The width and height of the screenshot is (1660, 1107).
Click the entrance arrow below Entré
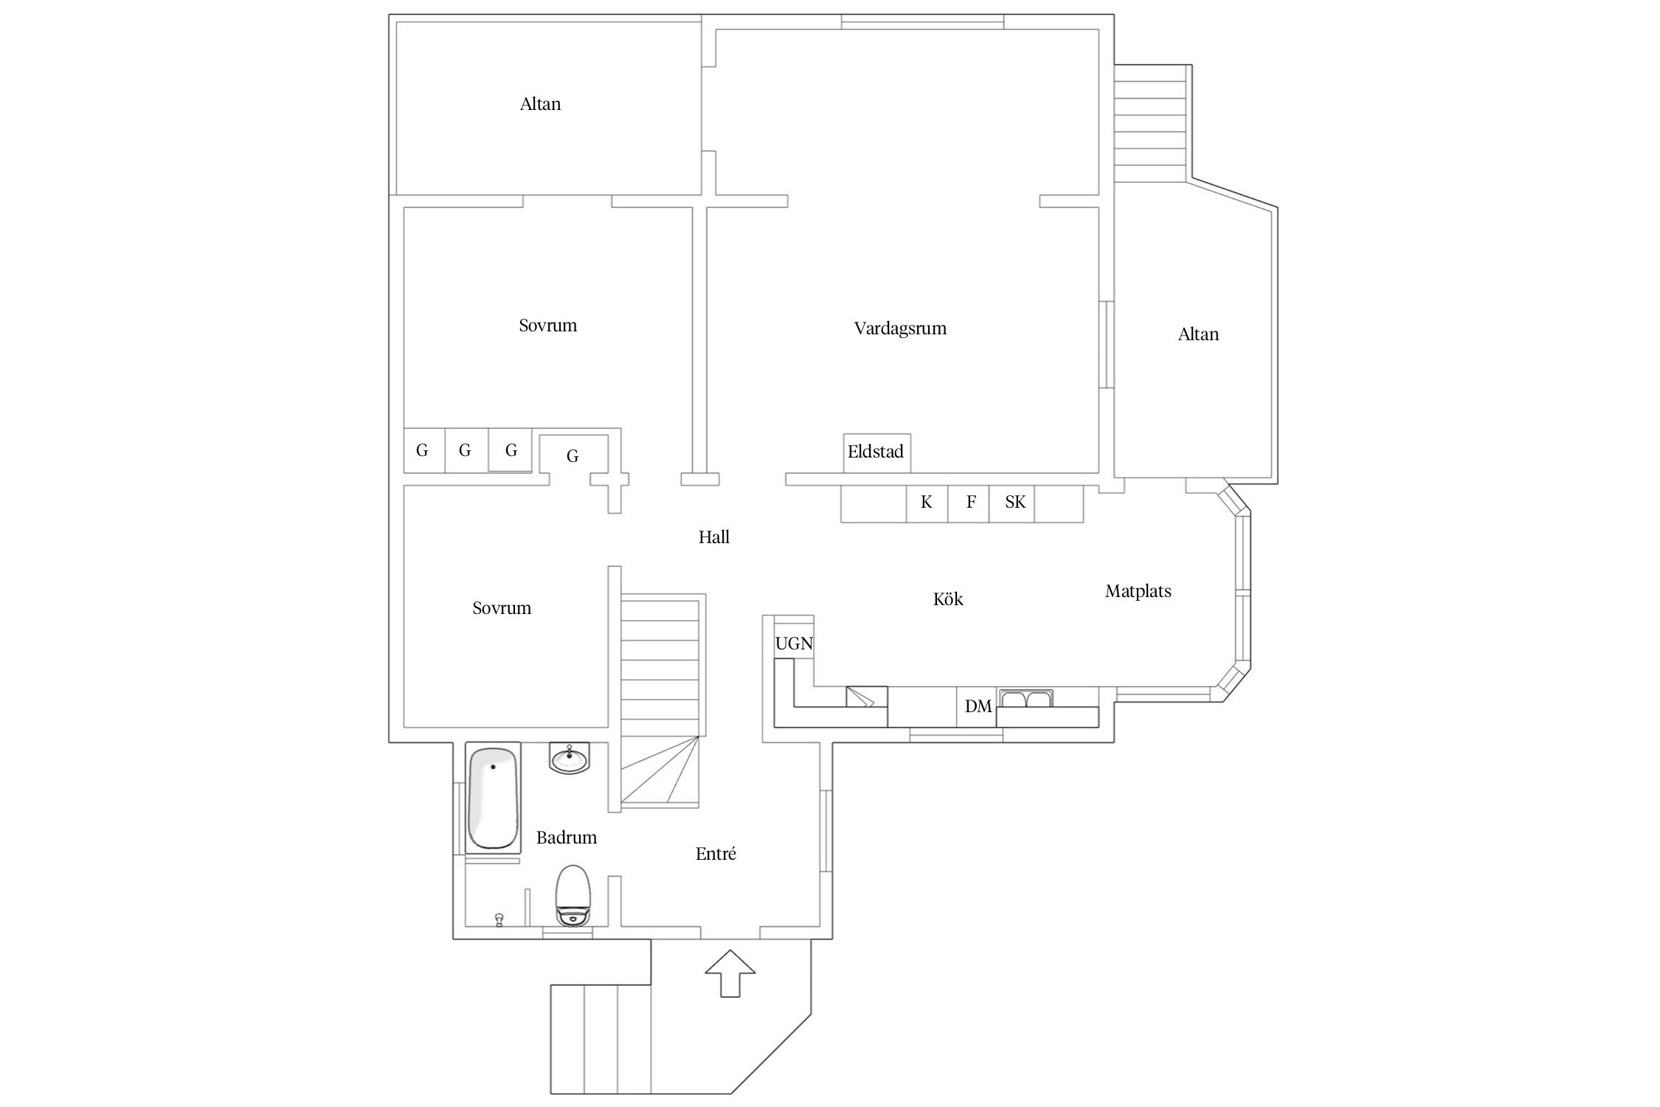pyautogui.click(x=730, y=973)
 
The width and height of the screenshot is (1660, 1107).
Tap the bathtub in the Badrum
pyautogui.click(x=493, y=798)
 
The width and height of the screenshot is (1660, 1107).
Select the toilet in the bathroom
pyautogui.click(x=574, y=895)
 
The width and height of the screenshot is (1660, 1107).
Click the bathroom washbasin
pyautogui.click(x=570, y=758)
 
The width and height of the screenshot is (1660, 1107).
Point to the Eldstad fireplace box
pyautogui.click(x=876, y=452)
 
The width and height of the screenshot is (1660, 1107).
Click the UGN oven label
pyautogui.click(x=794, y=644)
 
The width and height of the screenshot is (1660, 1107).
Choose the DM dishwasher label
pyautogui.click(x=978, y=706)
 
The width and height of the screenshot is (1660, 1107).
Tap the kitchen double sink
pyautogui.click(x=1026, y=698)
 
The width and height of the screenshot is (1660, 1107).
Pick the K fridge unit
pyautogui.click(x=927, y=503)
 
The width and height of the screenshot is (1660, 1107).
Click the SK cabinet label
pyautogui.click(x=1015, y=503)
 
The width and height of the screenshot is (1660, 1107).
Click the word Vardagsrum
pyautogui.click(x=900, y=329)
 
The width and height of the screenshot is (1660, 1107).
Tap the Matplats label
pyautogui.click(x=1138, y=591)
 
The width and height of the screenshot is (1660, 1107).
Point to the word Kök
pyautogui.click(x=948, y=599)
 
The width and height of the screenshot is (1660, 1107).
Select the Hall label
pyautogui.click(x=714, y=537)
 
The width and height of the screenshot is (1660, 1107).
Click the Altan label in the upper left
pyautogui.click(x=541, y=104)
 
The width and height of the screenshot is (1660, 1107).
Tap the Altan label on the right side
pyautogui.click(x=1198, y=334)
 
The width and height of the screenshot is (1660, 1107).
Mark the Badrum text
pyautogui.click(x=567, y=838)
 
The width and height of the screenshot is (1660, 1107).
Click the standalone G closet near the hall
pyautogui.click(x=573, y=456)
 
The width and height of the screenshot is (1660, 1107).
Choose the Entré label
pyautogui.click(x=716, y=854)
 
